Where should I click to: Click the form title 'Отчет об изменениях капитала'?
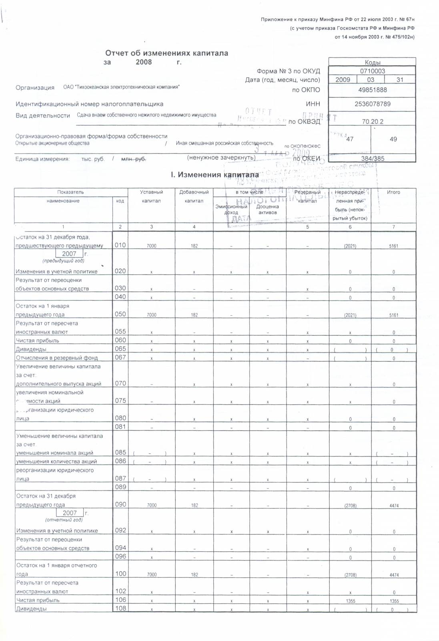coord(166,53)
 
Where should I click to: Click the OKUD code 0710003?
coord(372,71)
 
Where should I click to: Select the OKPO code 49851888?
coord(372,90)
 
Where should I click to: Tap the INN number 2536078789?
coord(372,104)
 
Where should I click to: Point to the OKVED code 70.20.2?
coord(372,121)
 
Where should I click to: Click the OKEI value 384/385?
coord(372,158)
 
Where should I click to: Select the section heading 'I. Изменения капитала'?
coord(214,175)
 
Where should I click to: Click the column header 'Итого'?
coord(393,192)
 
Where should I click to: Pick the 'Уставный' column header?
coord(151,192)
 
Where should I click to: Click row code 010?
coord(120,245)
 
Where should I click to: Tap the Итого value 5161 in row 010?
coord(393,246)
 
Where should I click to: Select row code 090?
coord(120,504)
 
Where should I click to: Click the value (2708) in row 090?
coord(350,506)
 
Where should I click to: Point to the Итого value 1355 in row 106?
coord(393,601)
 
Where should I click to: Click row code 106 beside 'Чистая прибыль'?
coord(120,600)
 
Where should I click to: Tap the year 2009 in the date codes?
coord(343,80)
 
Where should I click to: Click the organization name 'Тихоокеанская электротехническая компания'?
coord(121,87)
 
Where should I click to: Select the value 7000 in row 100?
coord(152,574)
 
